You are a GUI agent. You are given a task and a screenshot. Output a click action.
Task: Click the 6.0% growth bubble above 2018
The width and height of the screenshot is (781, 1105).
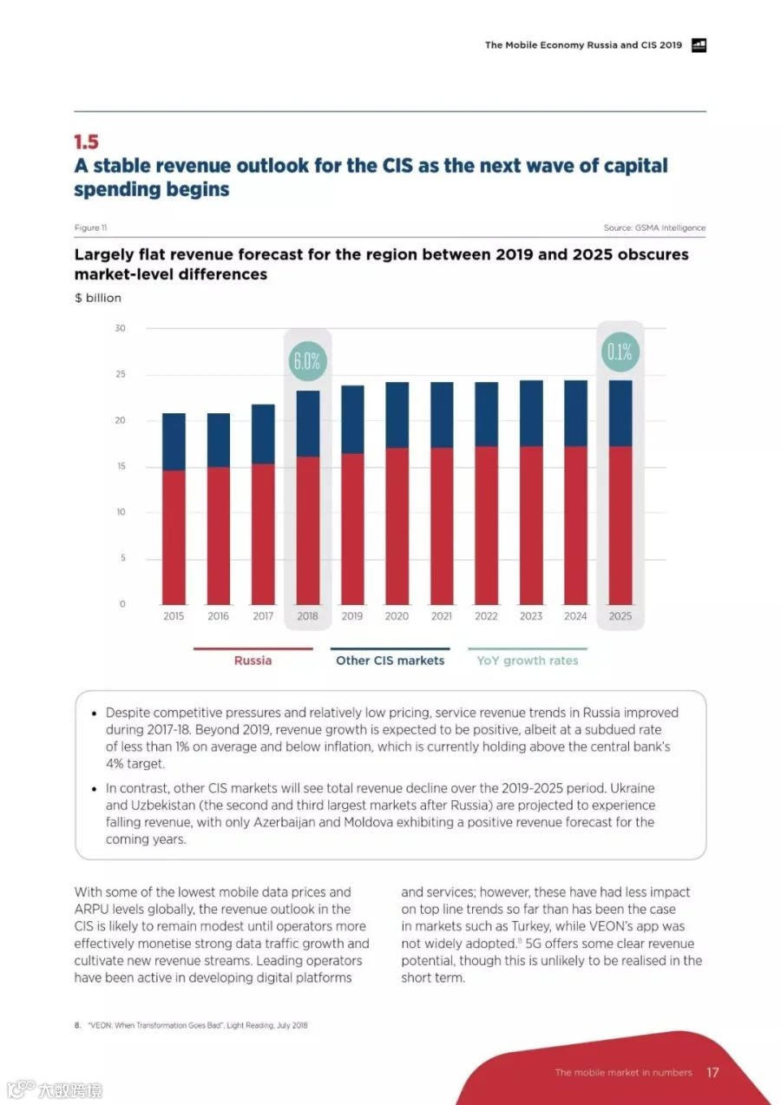coord(307,361)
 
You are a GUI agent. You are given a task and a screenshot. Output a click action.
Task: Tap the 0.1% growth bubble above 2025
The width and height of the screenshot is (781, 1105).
coord(620,352)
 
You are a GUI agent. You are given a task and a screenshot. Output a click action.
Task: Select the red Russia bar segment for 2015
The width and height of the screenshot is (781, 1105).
coord(174,537)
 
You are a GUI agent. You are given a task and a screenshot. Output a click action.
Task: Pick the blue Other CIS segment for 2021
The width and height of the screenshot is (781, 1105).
coord(442,415)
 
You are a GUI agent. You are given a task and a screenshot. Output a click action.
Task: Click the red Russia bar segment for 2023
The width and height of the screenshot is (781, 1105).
coord(531,525)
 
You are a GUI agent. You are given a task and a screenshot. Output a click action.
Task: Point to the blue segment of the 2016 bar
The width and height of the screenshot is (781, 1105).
coord(218,440)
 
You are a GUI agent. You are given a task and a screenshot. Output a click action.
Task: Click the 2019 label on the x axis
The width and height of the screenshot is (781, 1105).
coord(352,616)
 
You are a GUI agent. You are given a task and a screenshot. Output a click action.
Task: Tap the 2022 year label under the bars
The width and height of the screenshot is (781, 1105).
coord(486,616)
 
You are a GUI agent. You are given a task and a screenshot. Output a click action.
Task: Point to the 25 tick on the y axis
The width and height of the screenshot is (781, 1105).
coord(121,374)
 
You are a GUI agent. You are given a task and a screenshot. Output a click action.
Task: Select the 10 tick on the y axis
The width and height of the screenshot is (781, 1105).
coord(121,512)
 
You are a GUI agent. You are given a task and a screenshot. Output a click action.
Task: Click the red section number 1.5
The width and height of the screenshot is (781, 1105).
coord(86,142)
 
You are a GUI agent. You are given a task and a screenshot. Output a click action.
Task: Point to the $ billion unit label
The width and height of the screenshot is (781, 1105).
coord(97,298)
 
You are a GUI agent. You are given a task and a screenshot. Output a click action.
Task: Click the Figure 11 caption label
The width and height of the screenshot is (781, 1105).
coord(91,227)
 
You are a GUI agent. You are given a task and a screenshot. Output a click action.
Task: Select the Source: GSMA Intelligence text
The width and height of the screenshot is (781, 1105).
coord(654,227)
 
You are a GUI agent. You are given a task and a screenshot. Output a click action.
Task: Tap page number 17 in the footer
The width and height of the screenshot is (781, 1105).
coord(712,1072)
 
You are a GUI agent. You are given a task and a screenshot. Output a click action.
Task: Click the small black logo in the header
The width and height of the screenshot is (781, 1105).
coord(699,45)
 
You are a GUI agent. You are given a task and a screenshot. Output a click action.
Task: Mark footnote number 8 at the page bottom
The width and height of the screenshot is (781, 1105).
coord(77,1025)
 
